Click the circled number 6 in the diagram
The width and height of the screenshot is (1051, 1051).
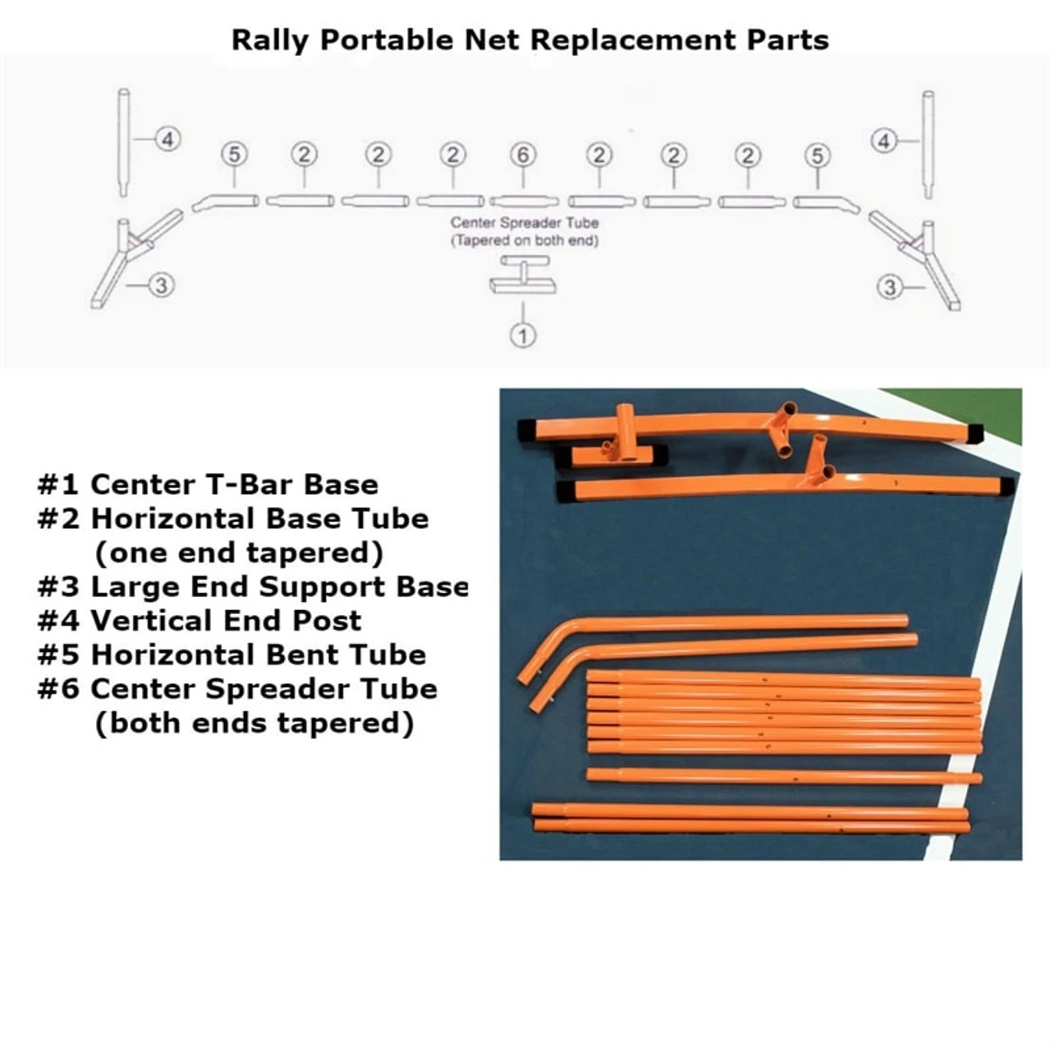523,154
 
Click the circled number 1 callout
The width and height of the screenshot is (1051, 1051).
523,335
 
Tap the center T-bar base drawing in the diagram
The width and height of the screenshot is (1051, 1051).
522,276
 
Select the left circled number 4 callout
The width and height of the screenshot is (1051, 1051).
168,140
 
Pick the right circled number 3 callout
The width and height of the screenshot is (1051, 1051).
890,287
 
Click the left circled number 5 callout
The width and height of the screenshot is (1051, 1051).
234,154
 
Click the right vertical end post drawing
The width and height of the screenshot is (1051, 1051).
928,145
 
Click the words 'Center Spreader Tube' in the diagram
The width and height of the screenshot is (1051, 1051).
525,223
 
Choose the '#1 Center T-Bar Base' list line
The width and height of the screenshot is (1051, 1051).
208,484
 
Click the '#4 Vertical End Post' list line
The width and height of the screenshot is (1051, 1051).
200,620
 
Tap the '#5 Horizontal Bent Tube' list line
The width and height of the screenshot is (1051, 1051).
232,654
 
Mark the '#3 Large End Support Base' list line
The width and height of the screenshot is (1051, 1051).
253,586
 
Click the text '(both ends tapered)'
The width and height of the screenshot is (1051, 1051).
254,723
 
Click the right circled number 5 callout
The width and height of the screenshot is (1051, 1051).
817,155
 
